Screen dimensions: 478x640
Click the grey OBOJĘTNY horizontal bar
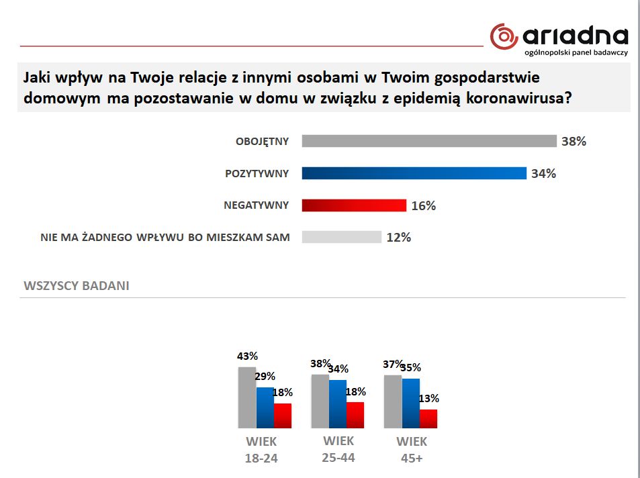point(429,141)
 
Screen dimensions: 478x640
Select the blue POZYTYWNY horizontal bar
point(414,173)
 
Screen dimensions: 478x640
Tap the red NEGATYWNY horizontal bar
point(354,205)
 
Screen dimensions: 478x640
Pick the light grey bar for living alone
point(342,237)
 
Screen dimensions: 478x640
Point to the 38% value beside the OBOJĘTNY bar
point(574,142)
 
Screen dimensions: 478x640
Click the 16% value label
point(423,206)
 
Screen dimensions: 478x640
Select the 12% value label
point(398,237)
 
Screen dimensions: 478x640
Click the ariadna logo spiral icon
point(504,36)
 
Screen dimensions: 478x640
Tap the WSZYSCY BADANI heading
point(77,285)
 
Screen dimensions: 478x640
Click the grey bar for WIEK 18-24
point(247,397)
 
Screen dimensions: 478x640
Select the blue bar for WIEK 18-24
point(265,408)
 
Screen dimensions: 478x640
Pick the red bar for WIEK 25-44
point(355,415)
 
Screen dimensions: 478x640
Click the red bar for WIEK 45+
point(428,418)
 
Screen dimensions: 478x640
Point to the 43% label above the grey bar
point(247,356)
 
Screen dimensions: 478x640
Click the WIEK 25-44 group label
point(338,449)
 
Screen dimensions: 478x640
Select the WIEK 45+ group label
point(411,450)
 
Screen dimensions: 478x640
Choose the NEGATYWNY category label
point(256,205)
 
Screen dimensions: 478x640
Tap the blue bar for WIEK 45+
point(410,403)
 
